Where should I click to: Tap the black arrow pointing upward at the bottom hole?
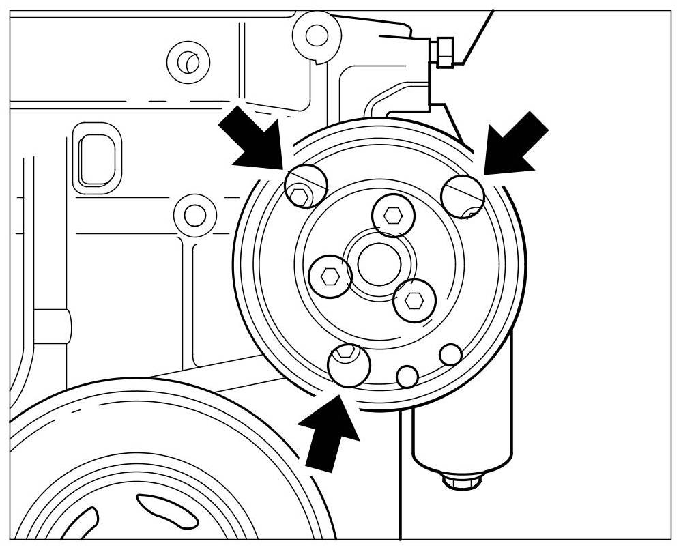tap(332, 434)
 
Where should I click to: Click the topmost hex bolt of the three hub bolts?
tap(393, 215)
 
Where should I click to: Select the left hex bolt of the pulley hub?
tap(330, 276)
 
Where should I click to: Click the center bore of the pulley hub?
tap(374, 263)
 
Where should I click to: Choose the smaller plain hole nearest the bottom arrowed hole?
tap(407, 376)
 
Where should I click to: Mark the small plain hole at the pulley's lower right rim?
tap(450, 354)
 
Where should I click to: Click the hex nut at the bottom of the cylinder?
tap(462, 481)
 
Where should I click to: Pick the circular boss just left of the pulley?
tap(195, 215)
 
